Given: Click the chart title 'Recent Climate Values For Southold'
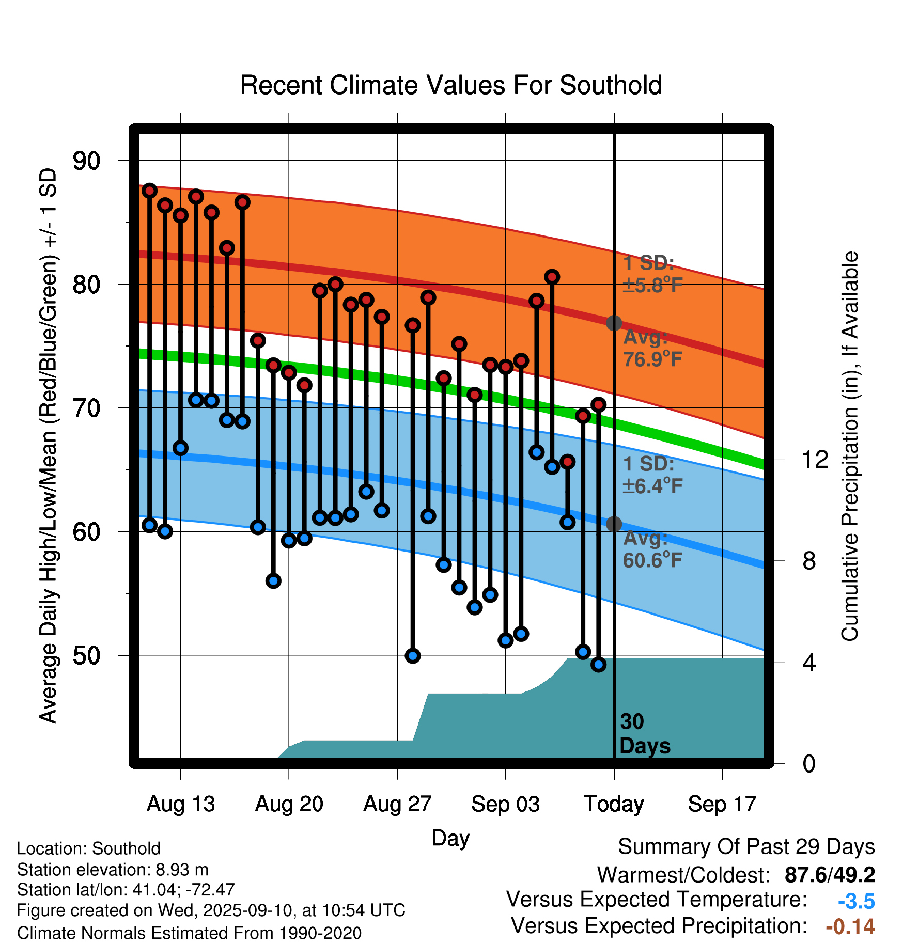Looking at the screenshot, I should click(451, 85).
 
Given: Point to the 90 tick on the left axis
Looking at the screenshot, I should click(86, 161).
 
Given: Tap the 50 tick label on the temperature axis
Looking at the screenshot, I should click(86, 655).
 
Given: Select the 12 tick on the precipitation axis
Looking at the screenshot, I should click(815, 459).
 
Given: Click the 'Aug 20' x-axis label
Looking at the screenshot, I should click(289, 804).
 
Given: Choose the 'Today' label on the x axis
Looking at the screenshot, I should click(614, 804).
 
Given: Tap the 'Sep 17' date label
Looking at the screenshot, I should click(722, 804).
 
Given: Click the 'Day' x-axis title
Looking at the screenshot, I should click(450, 838).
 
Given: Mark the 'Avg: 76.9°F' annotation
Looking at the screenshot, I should click(652, 348).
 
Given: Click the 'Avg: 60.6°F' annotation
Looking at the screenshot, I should click(652, 549).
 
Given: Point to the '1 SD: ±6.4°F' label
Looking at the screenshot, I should click(652, 475).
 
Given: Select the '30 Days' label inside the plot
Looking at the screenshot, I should click(644, 734).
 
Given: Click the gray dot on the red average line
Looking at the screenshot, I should click(614, 323).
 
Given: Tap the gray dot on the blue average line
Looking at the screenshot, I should click(614, 524).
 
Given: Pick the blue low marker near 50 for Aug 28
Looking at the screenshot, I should click(413, 656).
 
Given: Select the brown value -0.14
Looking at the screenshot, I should click(850, 926).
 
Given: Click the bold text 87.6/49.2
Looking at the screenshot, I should click(830, 875).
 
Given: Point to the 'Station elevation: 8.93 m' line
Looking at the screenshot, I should click(113, 870).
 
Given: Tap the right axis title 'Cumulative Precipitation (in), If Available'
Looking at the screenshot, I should click(850, 446).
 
